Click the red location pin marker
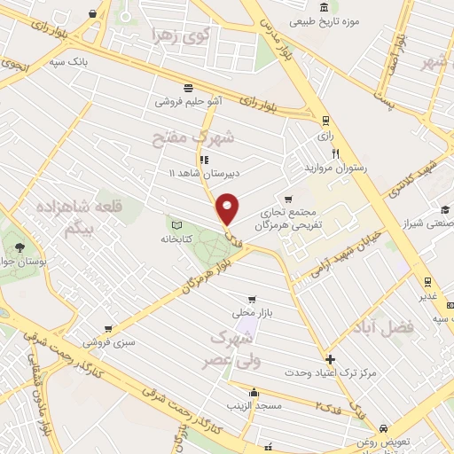(228, 208)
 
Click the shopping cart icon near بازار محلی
(254, 300)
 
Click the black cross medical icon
(331, 360)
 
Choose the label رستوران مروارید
(335, 167)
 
